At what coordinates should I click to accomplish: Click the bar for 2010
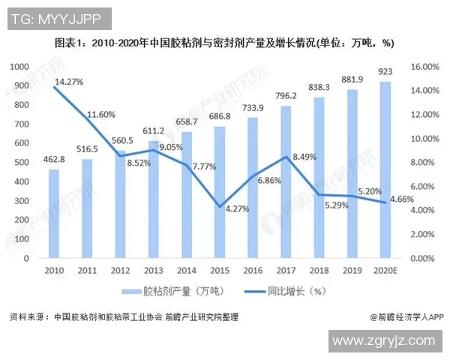(53, 214)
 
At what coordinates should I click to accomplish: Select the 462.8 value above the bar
(53, 160)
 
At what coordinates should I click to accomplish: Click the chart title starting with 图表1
(225, 43)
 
